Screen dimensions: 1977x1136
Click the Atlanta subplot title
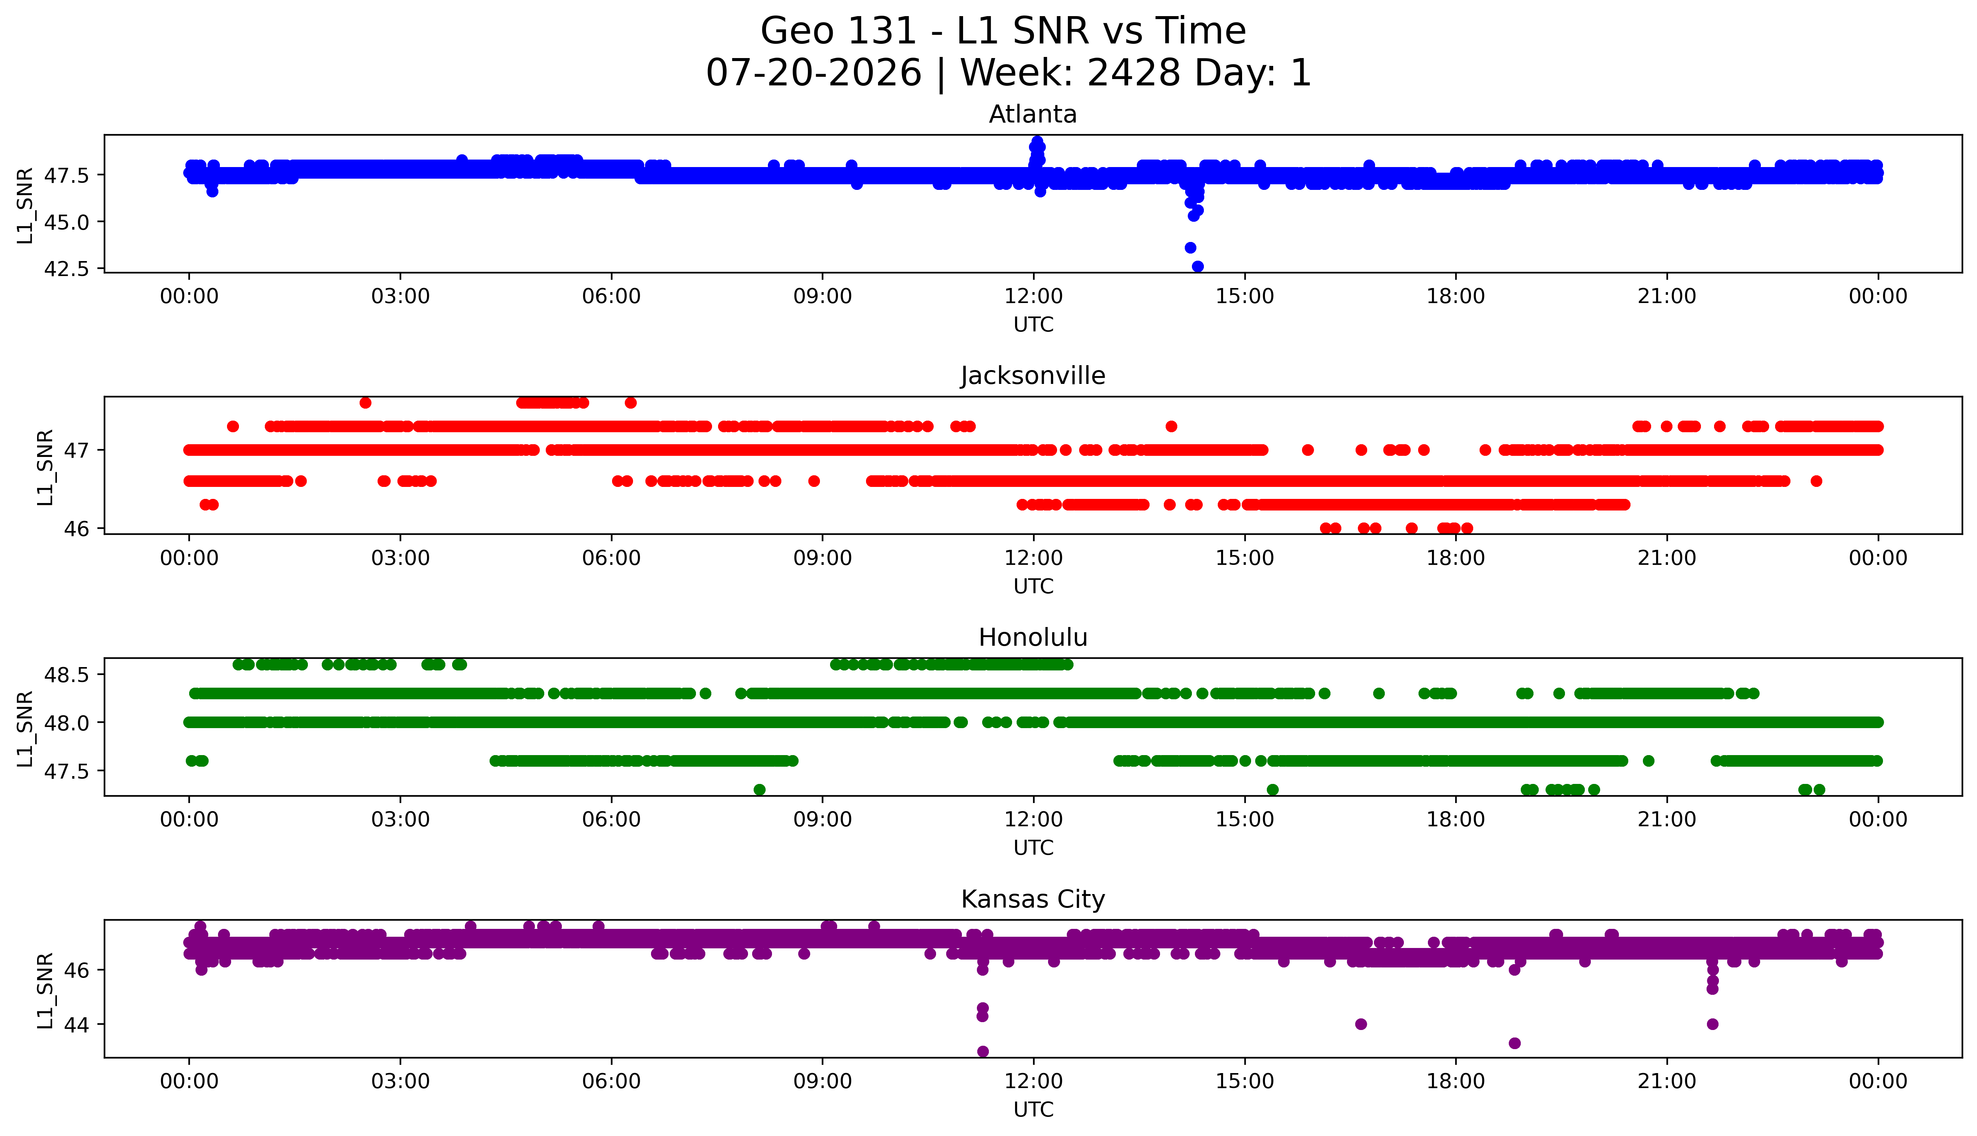coord(1033,115)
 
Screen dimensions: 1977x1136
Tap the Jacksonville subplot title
coord(1033,376)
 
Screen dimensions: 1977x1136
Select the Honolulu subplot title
coord(1033,637)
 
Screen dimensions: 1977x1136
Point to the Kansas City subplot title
coord(1033,900)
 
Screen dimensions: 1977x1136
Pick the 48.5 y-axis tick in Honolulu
coord(68,674)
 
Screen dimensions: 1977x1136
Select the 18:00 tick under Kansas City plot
coord(1456,1081)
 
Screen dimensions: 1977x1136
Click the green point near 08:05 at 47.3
coord(759,790)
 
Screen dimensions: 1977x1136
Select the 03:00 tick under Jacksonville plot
coord(400,558)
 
